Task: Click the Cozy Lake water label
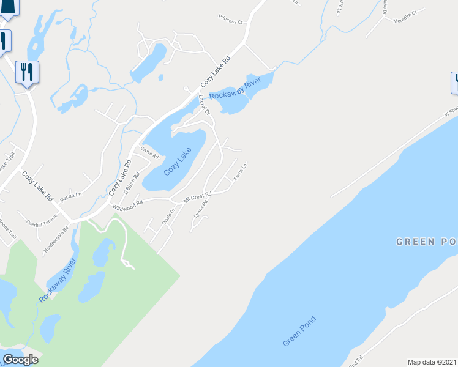click(178, 162)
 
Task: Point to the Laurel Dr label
click(204, 104)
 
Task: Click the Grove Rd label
click(150, 152)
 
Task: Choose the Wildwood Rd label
click(127, 204)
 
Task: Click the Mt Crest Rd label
click(197, 197)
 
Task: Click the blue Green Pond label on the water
click(299, 331)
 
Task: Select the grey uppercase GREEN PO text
click(426, 242)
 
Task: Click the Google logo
click(20, 360)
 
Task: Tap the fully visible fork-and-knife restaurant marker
click(27, 73)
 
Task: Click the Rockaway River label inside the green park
click(58, 280)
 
